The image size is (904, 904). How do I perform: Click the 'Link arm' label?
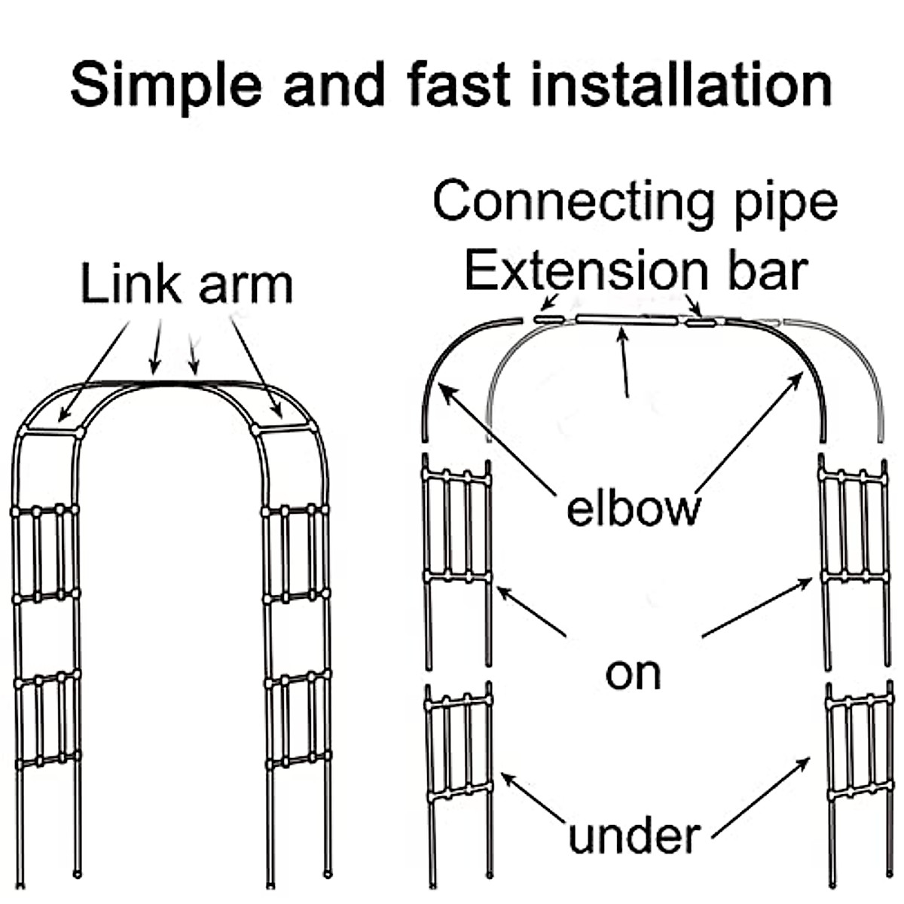pyautogui.click(x=186, y=285)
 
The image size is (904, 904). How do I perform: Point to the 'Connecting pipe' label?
pyautogui.click(x=635, y=202)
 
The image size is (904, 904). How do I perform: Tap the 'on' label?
pyautogui.click(x=633, y=673)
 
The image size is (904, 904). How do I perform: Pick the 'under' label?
pyautogui.click(x=634, y=836)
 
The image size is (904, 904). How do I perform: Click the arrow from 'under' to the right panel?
pyautogui.click(x=761, y=799)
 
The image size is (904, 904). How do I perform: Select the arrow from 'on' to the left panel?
pyautogui.click(x=531, y=611)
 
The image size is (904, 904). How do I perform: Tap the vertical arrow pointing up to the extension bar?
pyautogui.click(x=625, y=362)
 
